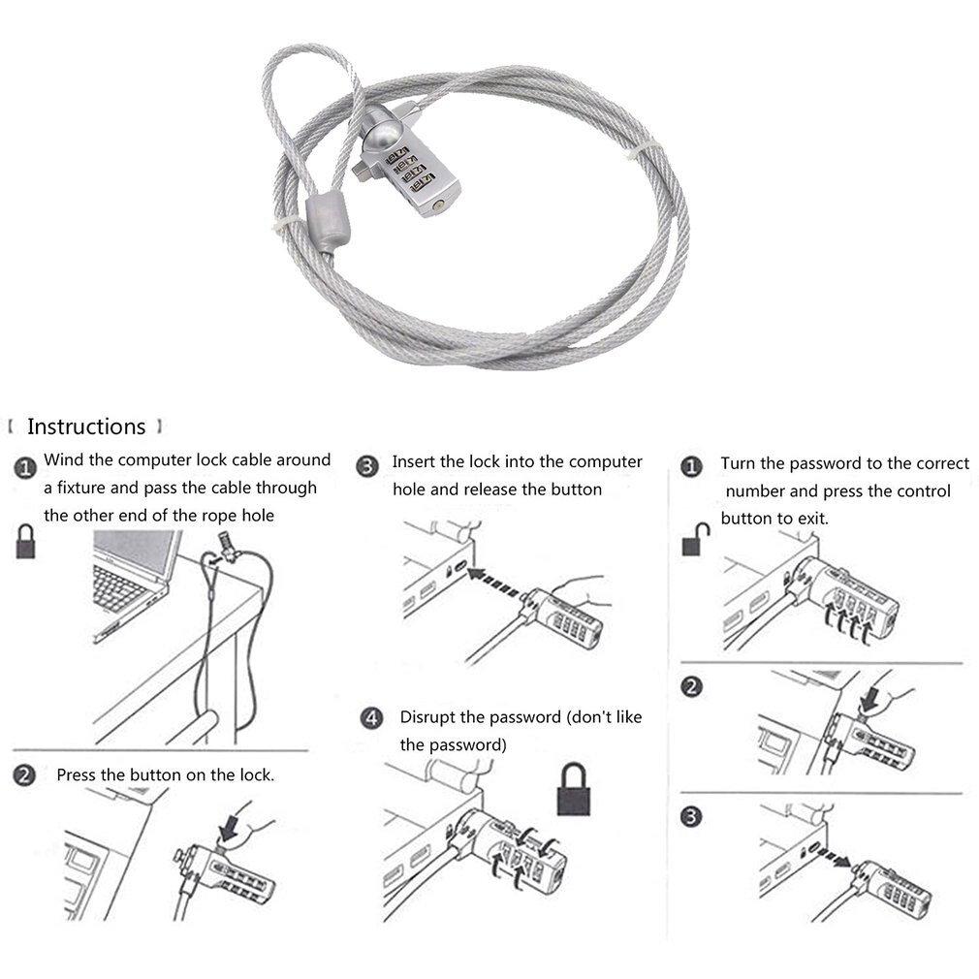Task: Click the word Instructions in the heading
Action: [85, 426]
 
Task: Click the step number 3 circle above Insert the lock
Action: [366, 466]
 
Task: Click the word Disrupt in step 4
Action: [427, 717]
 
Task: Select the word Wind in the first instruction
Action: [63, 459]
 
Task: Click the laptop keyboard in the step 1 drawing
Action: [117, 587]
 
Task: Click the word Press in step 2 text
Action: [77, 774]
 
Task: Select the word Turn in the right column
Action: [739, 463]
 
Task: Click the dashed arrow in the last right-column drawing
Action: [831, 856]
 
